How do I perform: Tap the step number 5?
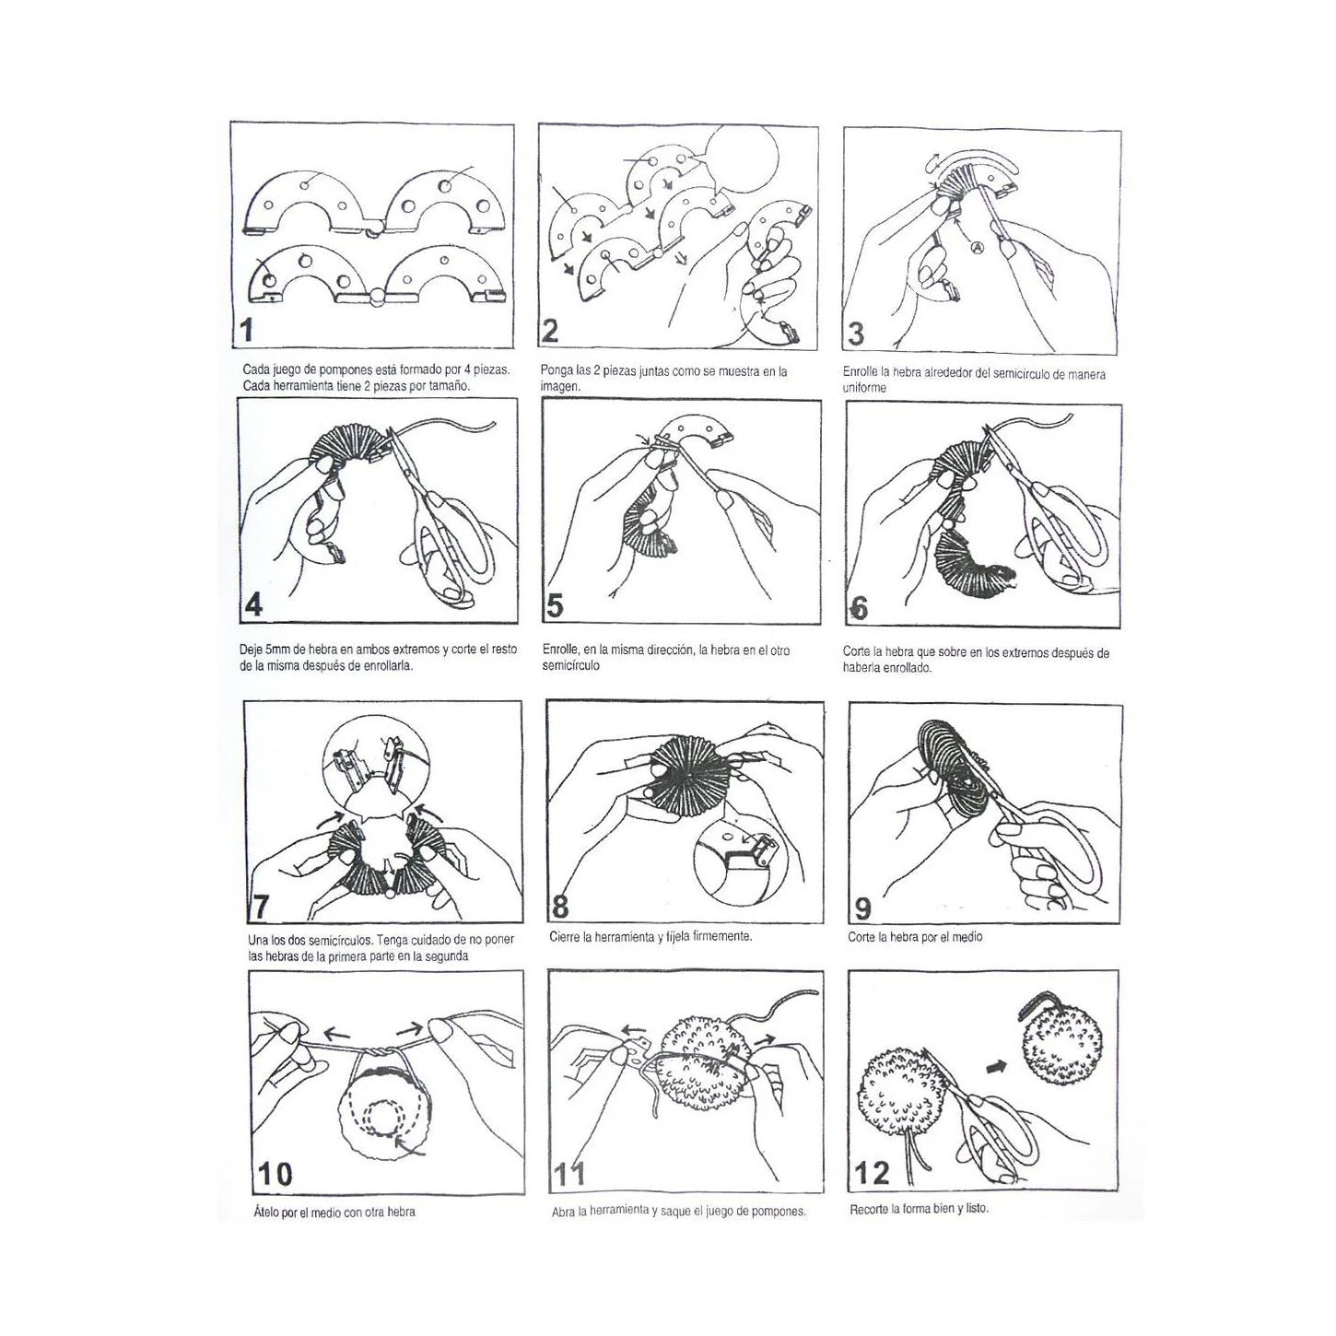pos(556,606)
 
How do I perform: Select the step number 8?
pos(560,906)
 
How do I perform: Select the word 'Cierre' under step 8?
pos(565,937)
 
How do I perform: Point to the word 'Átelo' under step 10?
pos(266,1213)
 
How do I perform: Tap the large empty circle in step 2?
pos(741,158)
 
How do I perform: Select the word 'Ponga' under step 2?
pos(556,371)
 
